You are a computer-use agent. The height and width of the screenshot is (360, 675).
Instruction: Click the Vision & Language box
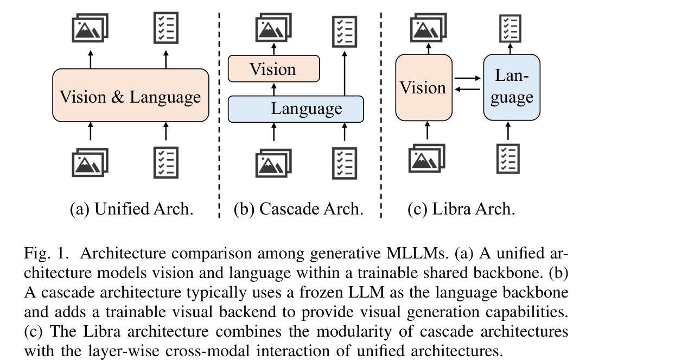[130, 95]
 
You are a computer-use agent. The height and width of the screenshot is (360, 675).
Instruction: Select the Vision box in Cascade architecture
[273, 68]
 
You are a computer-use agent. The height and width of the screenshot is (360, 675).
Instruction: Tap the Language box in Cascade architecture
[296, 109]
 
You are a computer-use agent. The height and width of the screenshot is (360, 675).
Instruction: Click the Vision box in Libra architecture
[424, 87]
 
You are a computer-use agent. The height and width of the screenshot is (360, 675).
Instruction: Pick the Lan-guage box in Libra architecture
[512, 87]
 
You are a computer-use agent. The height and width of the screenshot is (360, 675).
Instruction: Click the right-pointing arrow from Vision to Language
[468, 78]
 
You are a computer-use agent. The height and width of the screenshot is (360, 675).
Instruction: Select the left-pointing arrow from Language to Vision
[468, 89]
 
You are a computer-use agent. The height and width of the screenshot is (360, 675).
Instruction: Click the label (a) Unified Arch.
[131, 209]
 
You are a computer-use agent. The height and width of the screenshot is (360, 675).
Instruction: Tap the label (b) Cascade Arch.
[298, 209]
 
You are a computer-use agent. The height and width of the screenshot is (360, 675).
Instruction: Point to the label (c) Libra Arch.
[461, 209]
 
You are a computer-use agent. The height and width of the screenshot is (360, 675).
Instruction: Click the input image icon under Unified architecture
[90, 162]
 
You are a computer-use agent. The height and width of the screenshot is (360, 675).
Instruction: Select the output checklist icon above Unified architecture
[165, 28]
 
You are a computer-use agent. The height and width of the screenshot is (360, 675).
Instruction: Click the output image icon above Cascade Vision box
[273, 27]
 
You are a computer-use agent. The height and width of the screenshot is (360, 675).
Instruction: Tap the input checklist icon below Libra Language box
[508, 159]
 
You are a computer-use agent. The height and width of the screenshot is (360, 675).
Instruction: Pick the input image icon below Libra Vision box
[427, 159]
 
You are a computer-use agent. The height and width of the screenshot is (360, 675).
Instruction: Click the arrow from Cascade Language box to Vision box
[273, 89]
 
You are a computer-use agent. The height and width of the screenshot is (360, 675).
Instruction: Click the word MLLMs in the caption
[416, 253]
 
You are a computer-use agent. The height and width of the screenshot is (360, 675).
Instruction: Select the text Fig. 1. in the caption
[47, 253]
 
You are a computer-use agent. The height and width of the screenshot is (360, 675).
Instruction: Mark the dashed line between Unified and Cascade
[219, 115]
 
